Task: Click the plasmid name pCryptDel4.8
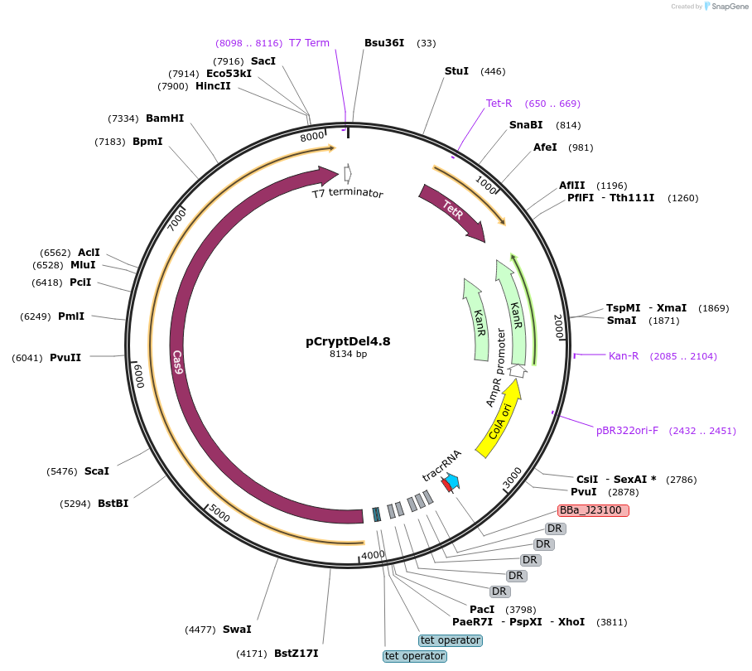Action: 348,340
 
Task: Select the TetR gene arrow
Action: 453,212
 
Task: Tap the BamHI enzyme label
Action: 165,118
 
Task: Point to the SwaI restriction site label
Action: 237,630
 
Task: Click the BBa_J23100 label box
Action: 593,510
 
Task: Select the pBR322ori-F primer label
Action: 627,431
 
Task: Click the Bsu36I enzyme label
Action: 384,43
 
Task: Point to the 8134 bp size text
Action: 348,354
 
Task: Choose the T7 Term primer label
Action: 309,43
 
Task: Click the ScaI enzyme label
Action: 97,471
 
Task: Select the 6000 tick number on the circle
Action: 139,375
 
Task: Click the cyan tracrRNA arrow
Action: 453,482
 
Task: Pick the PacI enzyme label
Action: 482,610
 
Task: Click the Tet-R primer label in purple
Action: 499,104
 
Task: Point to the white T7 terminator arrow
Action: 347,173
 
